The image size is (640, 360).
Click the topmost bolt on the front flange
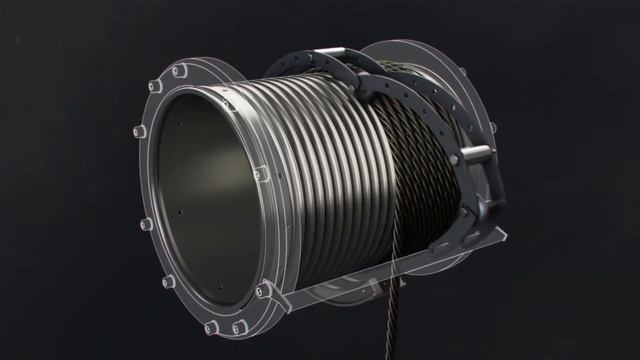coord(182,69)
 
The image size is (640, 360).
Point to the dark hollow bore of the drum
coord(205,190)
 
